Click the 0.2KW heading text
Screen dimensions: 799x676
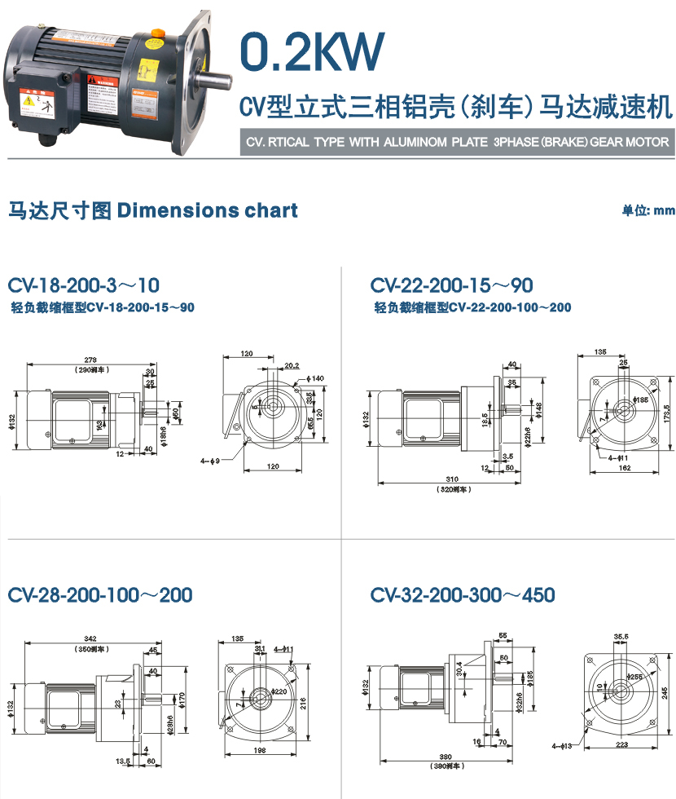[x=310, y=51]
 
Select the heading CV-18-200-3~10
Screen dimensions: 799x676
[x=84, y=285]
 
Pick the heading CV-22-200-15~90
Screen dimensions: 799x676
[x=451, y=285]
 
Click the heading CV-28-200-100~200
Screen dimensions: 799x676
[x=100, y=594]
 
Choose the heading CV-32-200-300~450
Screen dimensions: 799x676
[x=463, y=594]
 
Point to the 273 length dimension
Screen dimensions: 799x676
[x=91, y=359]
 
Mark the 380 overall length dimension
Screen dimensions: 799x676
[x=446, y=756]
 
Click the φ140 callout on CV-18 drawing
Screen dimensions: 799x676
[x=317, y=378]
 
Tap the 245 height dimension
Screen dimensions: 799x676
[x=665, y=692]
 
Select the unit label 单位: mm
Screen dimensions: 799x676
[x=648, y=210]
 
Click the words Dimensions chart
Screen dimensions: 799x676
[x=208, y=210]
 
